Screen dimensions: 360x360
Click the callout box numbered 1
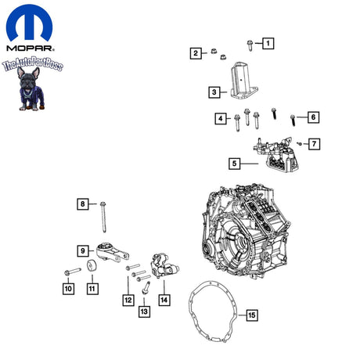[268, 43]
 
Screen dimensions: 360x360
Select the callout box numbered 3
[214, 92]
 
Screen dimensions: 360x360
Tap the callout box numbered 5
[235, 164]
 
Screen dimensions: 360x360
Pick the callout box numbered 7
[314, 144]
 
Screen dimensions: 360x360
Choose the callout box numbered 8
[83, 204]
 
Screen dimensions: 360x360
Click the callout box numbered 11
[92, 289]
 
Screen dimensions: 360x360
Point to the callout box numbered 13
[144, 311]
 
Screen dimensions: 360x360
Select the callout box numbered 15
[252, 315]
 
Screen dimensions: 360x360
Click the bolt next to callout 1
[250, 45]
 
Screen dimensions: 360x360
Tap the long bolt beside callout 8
[103, 217]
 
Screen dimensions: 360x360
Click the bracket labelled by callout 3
[243, 81]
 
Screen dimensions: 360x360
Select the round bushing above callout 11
[92, 265]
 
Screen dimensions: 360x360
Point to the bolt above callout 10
[73, 272]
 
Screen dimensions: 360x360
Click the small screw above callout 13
[146, 287]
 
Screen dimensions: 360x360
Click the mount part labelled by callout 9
[112, 252]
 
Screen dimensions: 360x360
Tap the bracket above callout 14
[164, 265]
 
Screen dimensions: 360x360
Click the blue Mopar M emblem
[29, 23]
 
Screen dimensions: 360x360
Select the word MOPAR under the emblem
[31, 49]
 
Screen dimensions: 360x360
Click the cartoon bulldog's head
[28, 77]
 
